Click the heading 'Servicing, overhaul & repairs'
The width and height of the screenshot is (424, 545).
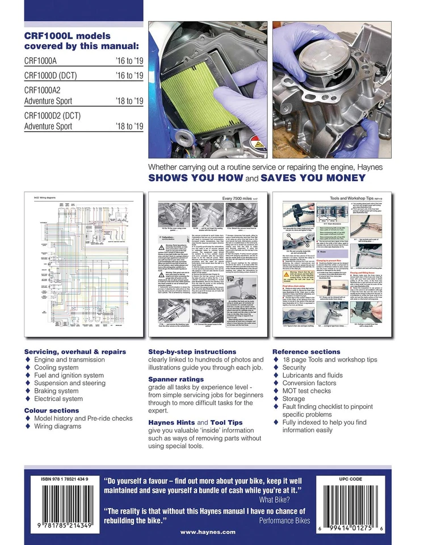74,351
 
